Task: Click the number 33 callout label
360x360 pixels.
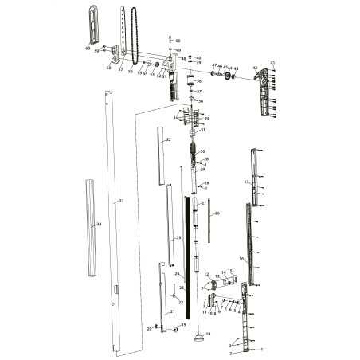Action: [121, 201]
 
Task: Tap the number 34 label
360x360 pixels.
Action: [99, 225]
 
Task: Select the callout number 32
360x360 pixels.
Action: [168, 139]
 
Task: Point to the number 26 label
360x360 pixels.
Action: [217, 213]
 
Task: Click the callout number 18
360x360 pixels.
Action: [208, 333]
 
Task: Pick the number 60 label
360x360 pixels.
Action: [88, 49]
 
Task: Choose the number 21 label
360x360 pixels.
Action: [171, 312]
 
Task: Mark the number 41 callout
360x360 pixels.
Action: [272, 62]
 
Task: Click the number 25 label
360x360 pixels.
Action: [178, 237]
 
